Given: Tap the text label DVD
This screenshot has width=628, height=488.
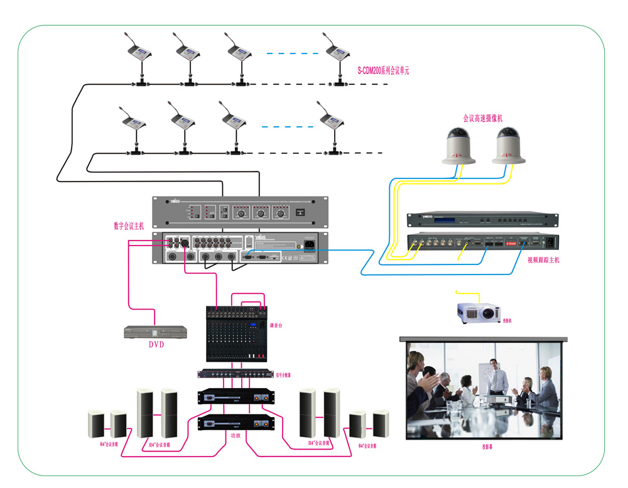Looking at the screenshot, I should [x=156, y=345].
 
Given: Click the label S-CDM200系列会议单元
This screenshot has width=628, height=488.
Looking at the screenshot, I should [x=383, y=71].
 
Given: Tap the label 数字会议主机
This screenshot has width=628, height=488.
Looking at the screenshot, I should [x=129, y=226].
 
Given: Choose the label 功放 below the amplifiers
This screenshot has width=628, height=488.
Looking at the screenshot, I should [x=235, y=435].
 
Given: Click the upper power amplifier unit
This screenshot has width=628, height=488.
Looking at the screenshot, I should [x=237, y=396].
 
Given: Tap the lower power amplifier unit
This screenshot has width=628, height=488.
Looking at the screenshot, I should [x=237, y=423].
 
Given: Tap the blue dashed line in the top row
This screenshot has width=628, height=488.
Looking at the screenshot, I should [x=288, y=54].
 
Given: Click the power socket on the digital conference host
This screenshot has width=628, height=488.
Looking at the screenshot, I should [x=310, y=246].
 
